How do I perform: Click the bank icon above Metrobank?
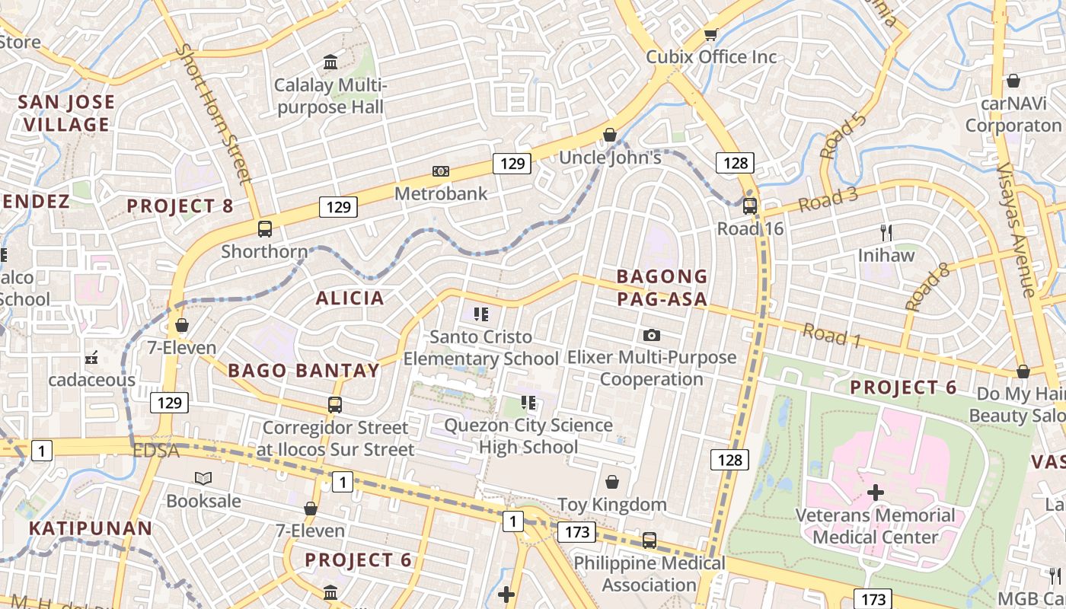(440, 171)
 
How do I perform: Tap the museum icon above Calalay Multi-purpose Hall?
(330, 62)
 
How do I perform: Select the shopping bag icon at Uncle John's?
(610, 135)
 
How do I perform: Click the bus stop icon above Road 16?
(749, 206)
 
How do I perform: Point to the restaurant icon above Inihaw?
(886, 232)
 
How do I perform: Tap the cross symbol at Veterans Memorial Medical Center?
(876, 493)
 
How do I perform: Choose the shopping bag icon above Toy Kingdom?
(611, 482)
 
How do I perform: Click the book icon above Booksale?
(203, 478)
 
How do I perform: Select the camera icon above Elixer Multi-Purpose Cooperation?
(651, 335)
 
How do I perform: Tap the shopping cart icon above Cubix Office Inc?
(710, 33)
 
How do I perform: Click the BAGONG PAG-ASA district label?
(662, 287)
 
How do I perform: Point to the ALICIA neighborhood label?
(350, 298)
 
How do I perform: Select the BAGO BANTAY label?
(304, 371)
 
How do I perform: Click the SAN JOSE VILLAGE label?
(66, 113)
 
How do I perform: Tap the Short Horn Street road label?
(214, 113)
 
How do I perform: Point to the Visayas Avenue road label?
(1017, 228)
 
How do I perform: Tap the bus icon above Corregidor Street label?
(334, 405)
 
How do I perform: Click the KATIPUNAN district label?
(91, 528)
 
